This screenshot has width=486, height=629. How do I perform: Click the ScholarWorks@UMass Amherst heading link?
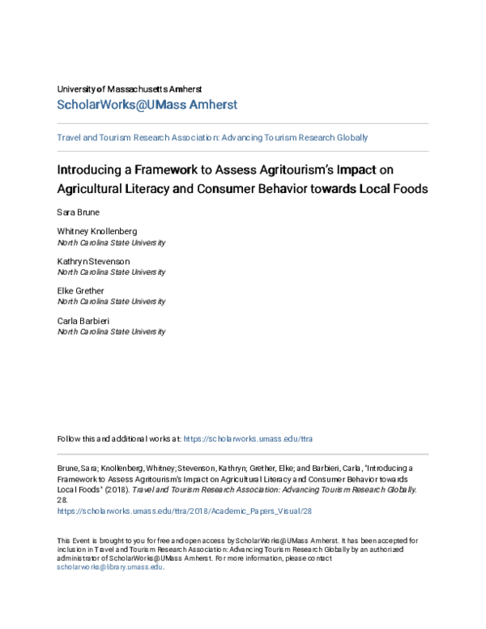147,105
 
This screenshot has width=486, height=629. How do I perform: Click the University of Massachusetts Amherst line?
130,88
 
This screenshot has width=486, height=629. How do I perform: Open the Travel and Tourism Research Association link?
212,138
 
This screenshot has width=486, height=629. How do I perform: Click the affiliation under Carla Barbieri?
111,332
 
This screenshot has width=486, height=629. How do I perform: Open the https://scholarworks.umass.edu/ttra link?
248,439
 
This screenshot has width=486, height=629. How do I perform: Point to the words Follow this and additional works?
113,439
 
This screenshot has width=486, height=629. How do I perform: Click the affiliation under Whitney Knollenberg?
111,242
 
